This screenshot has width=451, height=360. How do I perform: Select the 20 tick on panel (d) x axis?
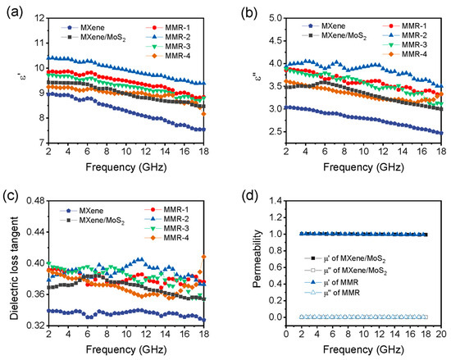tap(441, 335)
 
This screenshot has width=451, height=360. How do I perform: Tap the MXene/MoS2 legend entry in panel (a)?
tap(90, 37)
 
